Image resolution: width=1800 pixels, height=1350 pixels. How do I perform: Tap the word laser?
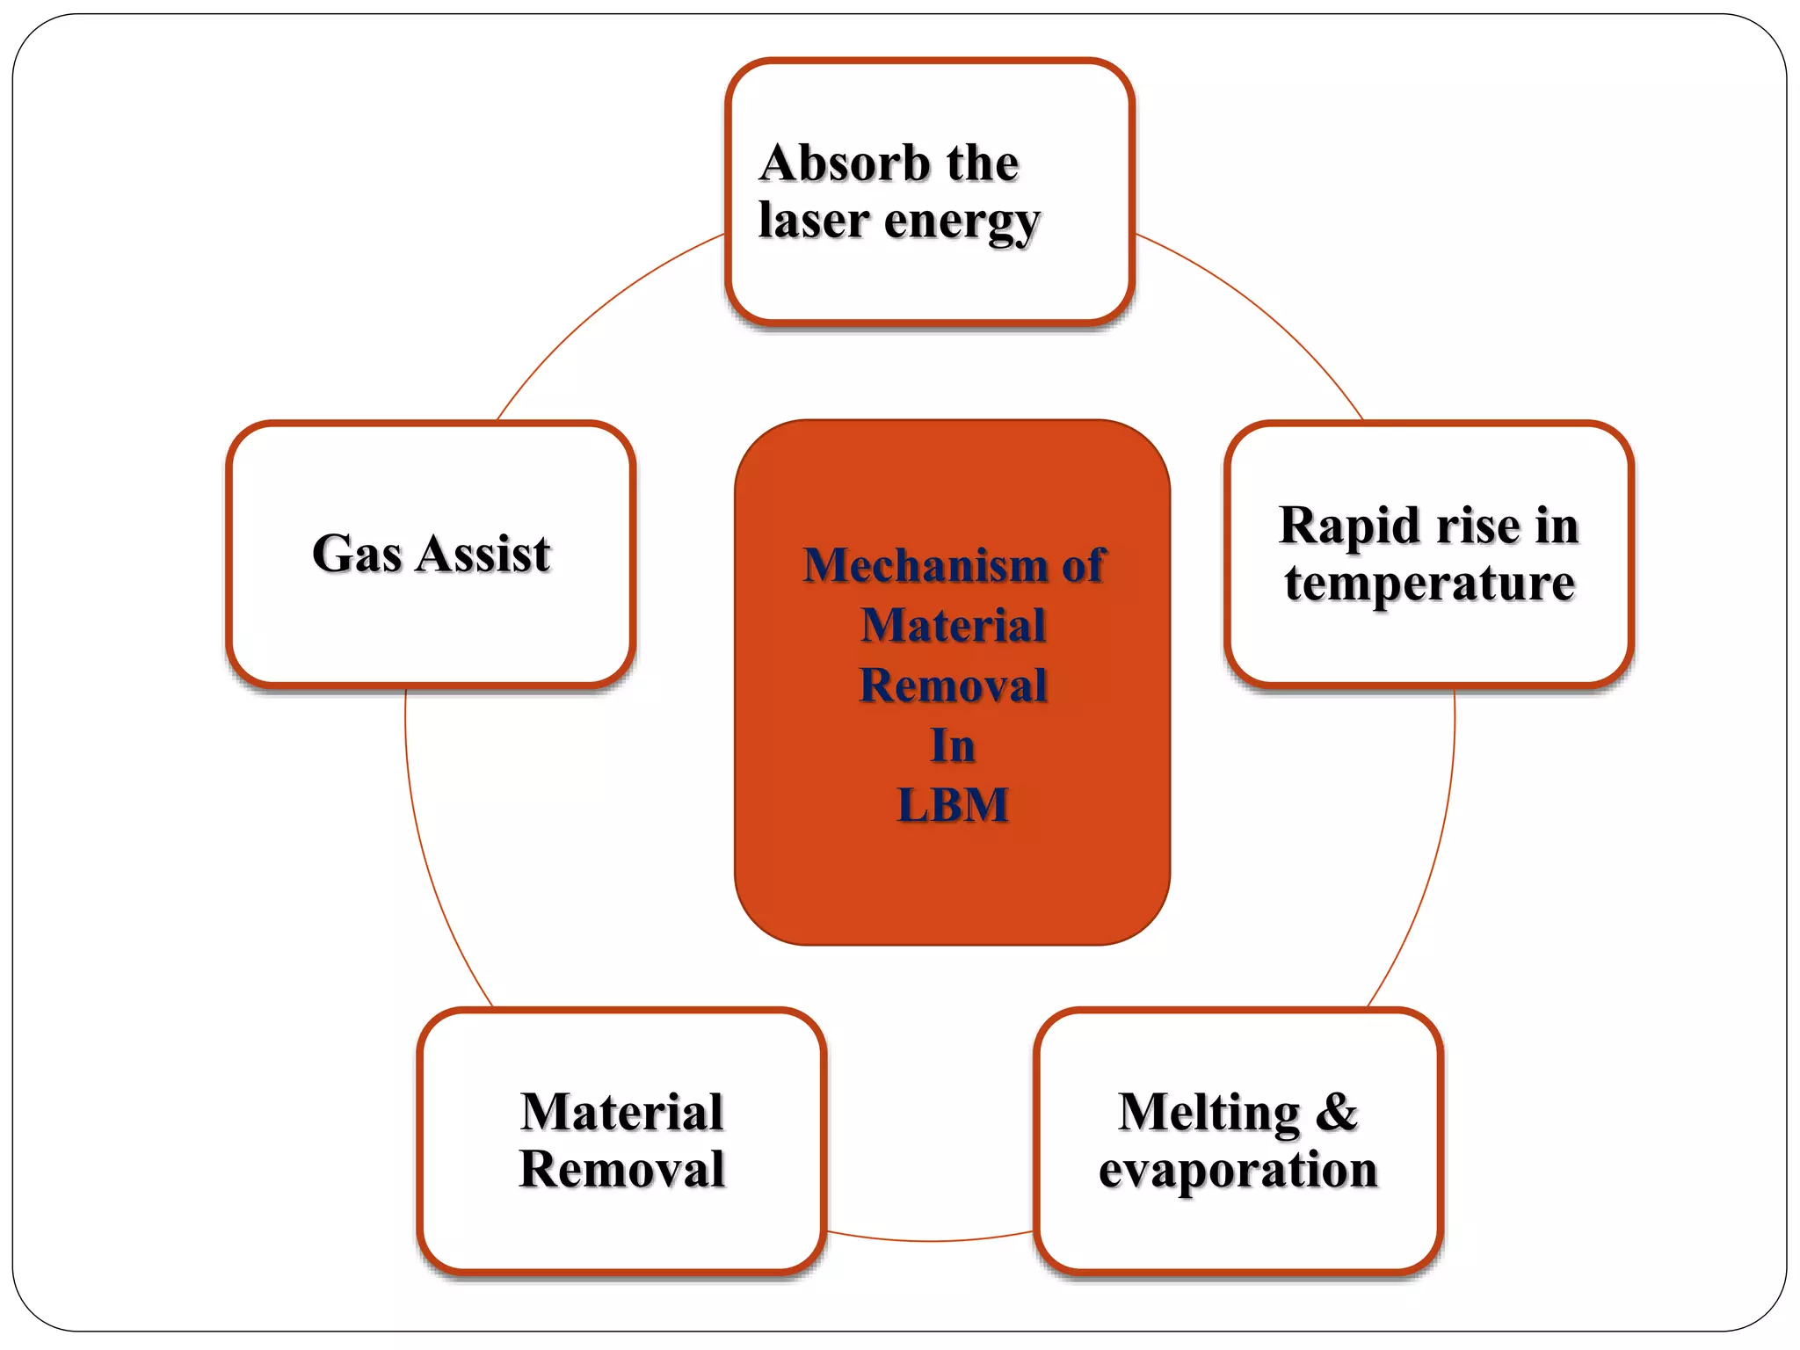pyautogui.click(x=814, y=220)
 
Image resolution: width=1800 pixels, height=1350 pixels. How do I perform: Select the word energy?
pyautogui.click(x=962, y=221)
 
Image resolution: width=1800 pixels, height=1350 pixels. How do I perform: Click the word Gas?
pyautogui.click(x=357, y=554)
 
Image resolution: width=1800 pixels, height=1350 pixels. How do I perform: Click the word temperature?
pyautogui.click(x=1429, y=583)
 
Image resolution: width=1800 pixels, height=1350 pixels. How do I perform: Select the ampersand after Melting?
pyautogui.click(x=1337, y=1112)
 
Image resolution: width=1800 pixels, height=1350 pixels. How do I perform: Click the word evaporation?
pyautogui.click(x=1237, y=1170)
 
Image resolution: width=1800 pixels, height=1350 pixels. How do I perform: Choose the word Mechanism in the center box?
pyautogui.click(x=925, y=565)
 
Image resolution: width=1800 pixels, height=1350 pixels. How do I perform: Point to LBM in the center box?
pyautogui.click(x=953, y=804)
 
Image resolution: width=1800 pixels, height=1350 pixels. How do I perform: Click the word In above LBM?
pyautogui.click(x=953, y=745)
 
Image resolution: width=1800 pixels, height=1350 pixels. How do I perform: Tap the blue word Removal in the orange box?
pyautogui.click(x=953, y=686)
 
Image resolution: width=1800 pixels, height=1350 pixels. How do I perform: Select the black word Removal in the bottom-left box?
pyautogui.click(x=622, y=1170)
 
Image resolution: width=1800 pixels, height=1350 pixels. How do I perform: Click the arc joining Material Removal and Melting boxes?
pyautogui.click(x=930, y=1240)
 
